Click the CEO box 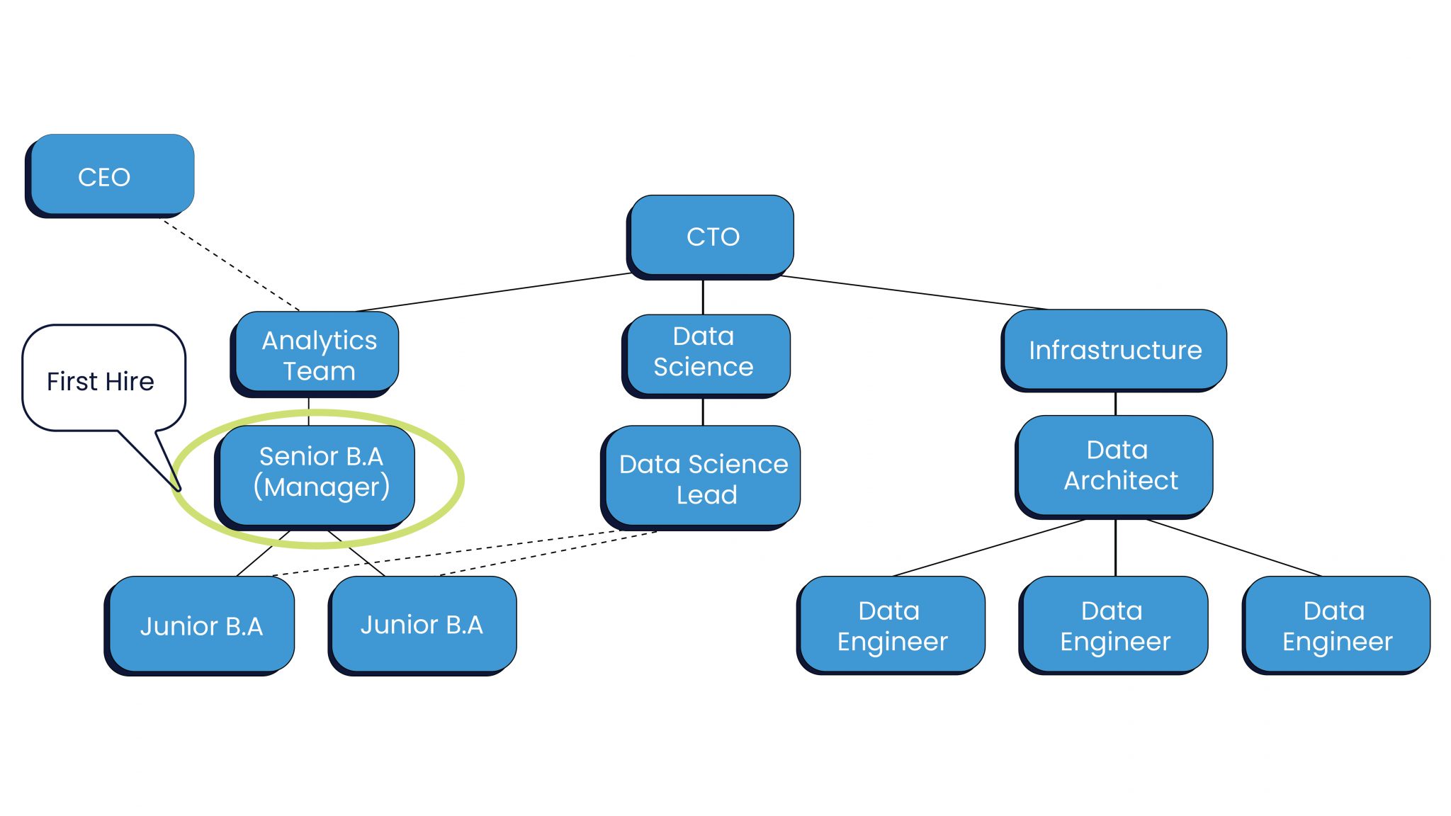[110, 175]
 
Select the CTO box [711, 236]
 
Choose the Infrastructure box [1114, 349]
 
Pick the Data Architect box [1115, 465]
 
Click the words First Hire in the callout [101, 382]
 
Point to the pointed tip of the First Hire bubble [179, 488]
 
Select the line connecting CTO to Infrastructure [914, 293]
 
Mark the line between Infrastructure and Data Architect [1115, 403]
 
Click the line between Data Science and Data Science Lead [702, 412]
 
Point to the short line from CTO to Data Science [702, 297]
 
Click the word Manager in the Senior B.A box [322, 488]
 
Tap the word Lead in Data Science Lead [706, 495]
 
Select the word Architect [1121, 481]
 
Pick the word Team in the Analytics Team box [319, 371]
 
